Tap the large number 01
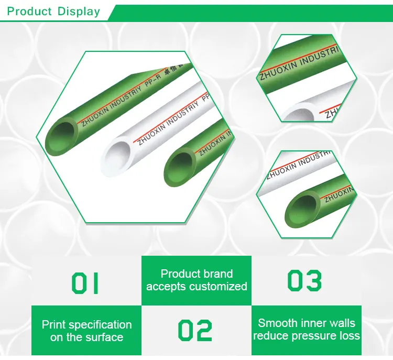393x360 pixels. [85, 282]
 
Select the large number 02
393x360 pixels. [195, 331]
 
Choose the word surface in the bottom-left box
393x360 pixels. [104, 337]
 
